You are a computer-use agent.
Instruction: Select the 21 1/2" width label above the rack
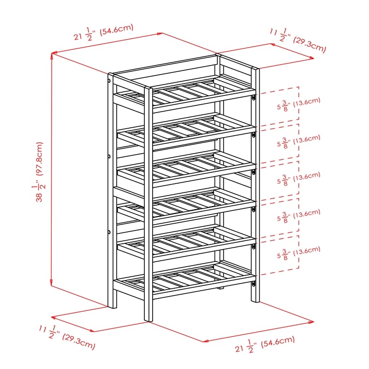pyautogui.click(x=103, y=32)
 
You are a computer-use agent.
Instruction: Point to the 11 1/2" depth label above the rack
pyautogui.click(x=298, y=40)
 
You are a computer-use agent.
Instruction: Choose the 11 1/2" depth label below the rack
pyautogui.click(x=67, y=337)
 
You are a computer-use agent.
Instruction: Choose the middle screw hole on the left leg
pyautogui.click(x=109, y=156)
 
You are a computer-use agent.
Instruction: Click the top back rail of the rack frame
pyautogui.click(x=164, y=64)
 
